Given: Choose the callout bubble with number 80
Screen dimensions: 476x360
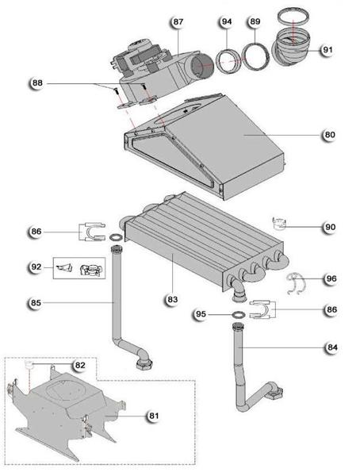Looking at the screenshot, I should tap(328, 135).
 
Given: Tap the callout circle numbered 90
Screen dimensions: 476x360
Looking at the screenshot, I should tap(329, 227).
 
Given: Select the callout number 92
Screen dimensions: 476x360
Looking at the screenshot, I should tap(36, 267).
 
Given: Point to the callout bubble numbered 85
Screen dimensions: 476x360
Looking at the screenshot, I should tap(36, 302).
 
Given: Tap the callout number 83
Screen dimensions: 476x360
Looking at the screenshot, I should tap(171, 298).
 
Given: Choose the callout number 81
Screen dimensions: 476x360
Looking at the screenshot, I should tap(153, 415).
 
